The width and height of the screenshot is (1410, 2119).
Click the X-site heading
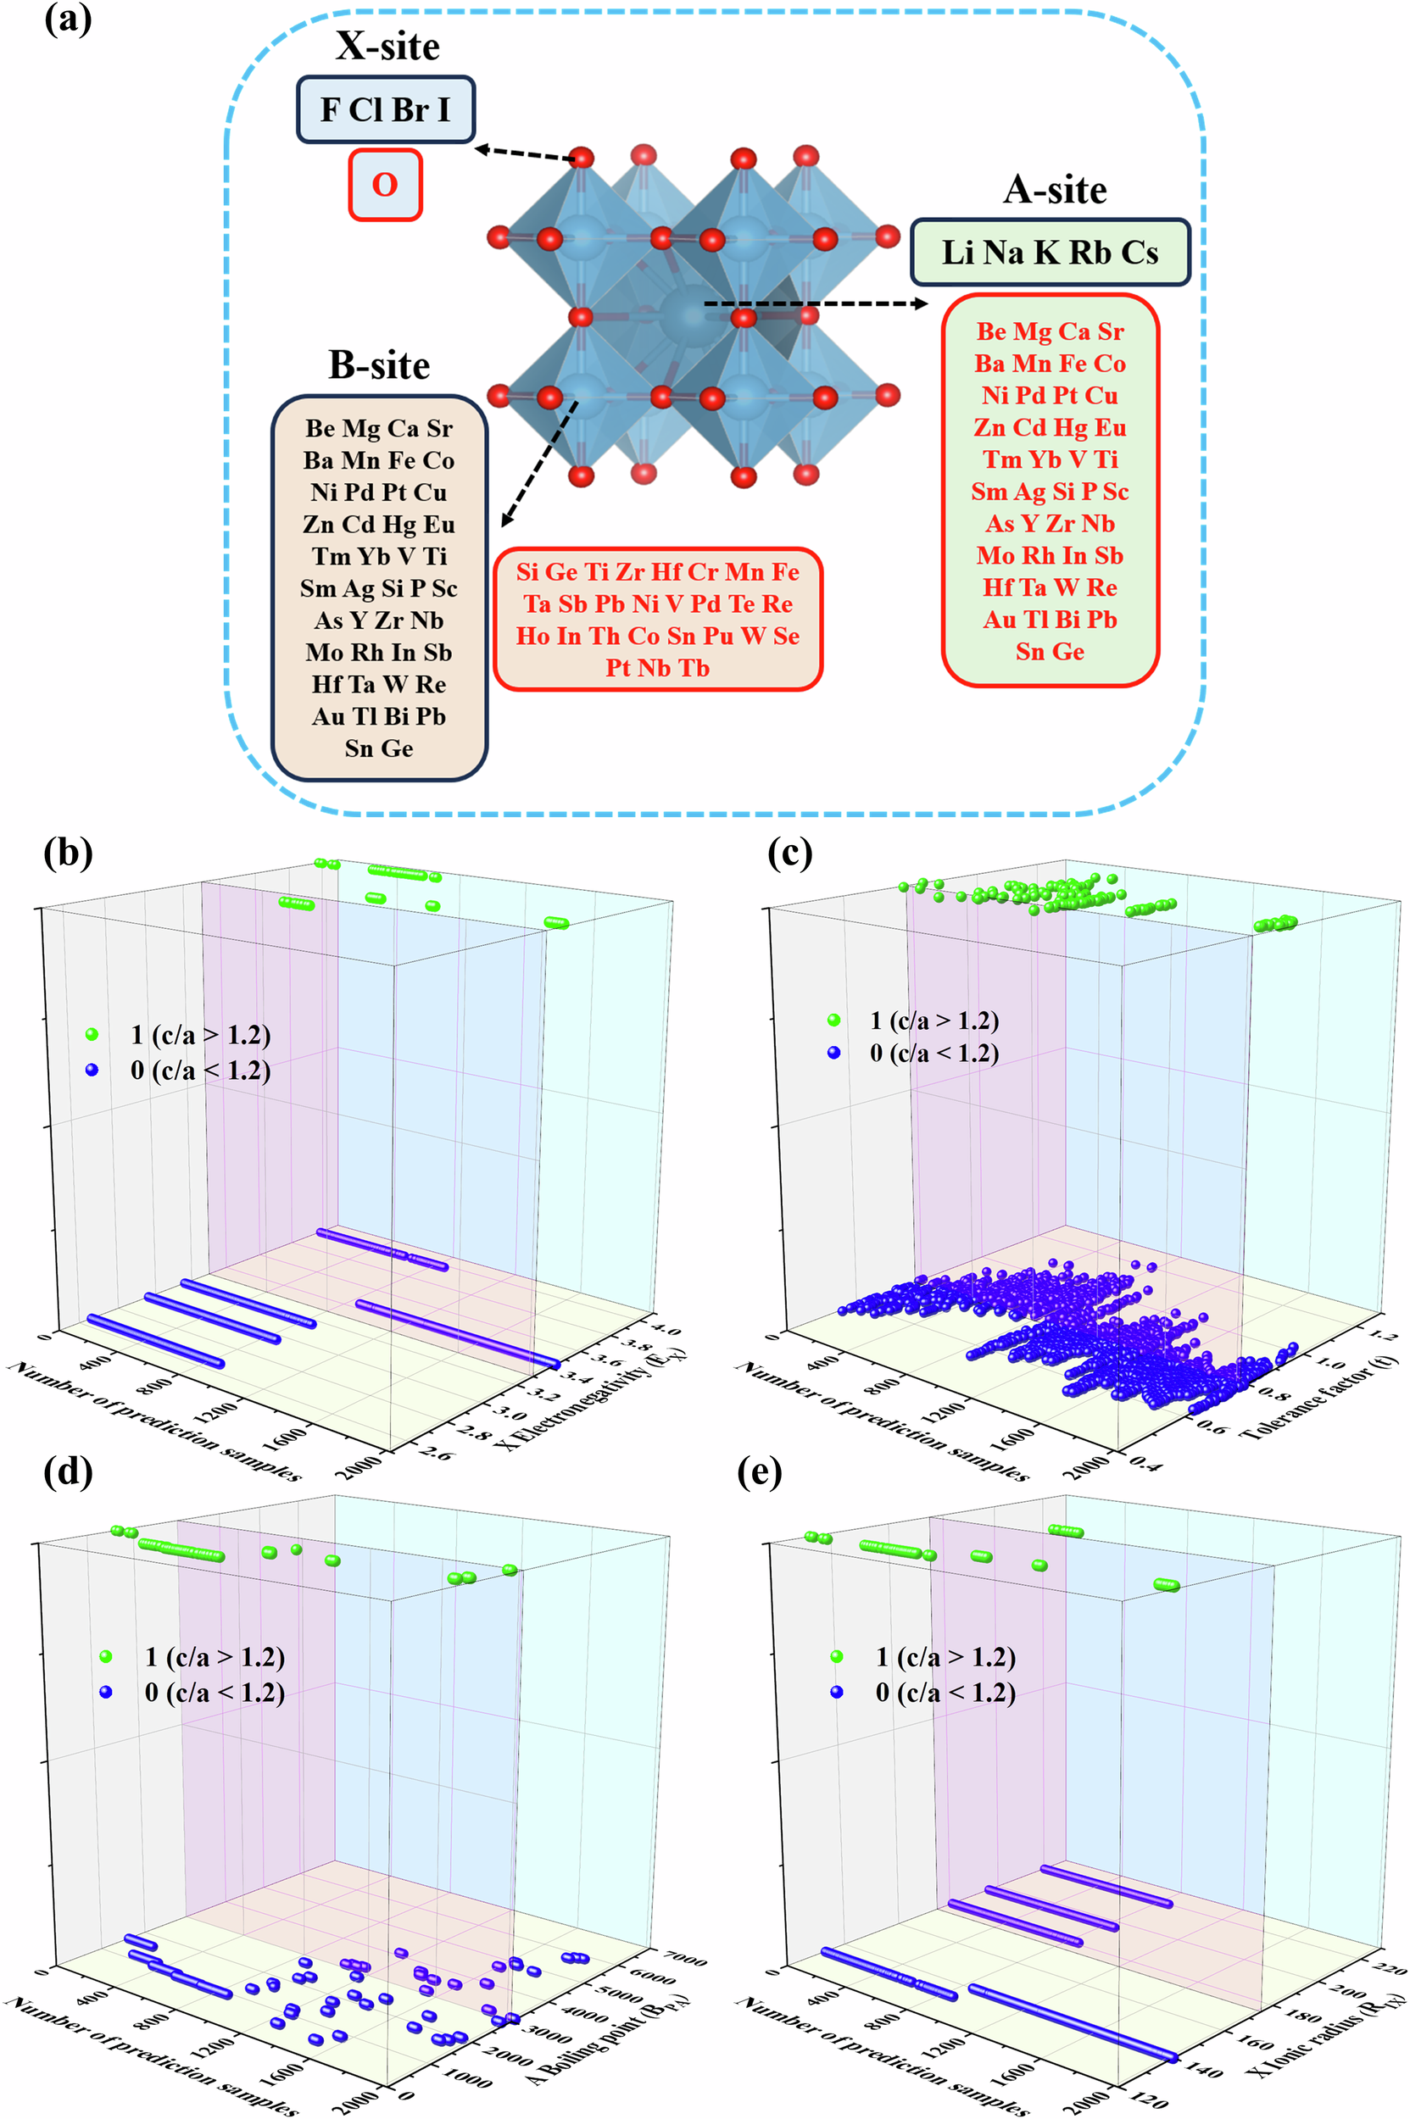pos(387,47)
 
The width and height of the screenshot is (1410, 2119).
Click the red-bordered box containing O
pos(385,184)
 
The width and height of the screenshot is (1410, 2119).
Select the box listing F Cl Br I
pos(386,109)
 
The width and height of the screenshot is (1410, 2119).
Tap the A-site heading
pos(1055,190)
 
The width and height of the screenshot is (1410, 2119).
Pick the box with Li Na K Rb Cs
pos(1050,253)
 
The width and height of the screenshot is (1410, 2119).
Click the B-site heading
pos(379,365)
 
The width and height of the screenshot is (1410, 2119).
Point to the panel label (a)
pos(68,18)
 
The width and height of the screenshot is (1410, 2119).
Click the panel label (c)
pos(789,851)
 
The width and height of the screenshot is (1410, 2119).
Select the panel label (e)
pos(759,1471)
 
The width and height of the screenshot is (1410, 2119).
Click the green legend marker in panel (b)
pos(92,1034)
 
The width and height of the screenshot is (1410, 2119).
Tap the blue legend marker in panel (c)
pos(833,1052)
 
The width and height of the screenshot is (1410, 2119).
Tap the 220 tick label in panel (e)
pos(1390,1966)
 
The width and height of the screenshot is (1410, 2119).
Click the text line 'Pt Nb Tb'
pos(657,668)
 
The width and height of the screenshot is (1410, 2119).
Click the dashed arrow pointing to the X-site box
pos(524,153)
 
